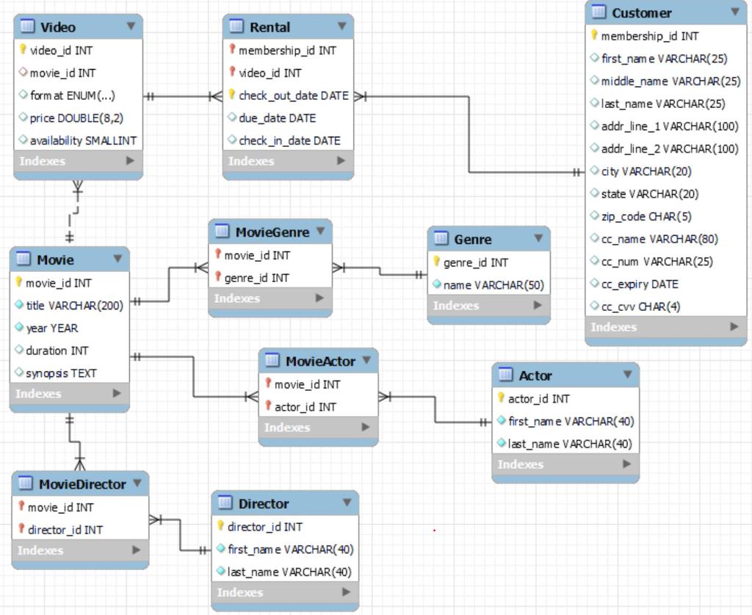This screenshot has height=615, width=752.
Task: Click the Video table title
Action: tap(57, 27)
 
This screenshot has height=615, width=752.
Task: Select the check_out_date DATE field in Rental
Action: tap(293, 96)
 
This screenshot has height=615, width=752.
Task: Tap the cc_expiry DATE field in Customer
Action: tap(639, 284)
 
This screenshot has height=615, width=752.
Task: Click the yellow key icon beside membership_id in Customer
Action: tap(594, 35)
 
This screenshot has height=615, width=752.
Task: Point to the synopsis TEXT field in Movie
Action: tap(61, 373)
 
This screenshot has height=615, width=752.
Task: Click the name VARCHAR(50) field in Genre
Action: tap(493, 285)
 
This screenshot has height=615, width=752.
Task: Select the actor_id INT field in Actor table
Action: tap(538, 399)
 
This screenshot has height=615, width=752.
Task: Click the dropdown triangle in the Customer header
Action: tap(734, 12)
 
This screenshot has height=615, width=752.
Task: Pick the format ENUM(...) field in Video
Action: tap(72, 96)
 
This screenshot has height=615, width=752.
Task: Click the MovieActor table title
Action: tap(320, 362)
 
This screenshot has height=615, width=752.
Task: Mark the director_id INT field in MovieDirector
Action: tap(65, 530)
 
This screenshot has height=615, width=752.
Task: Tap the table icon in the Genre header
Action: tap(441, 239)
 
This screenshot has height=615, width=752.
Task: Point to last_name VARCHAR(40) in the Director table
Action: tap(289, 572)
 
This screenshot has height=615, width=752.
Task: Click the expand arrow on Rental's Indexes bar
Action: tap(341, 161)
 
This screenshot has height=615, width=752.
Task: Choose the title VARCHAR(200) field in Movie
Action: tap(74, 306)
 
